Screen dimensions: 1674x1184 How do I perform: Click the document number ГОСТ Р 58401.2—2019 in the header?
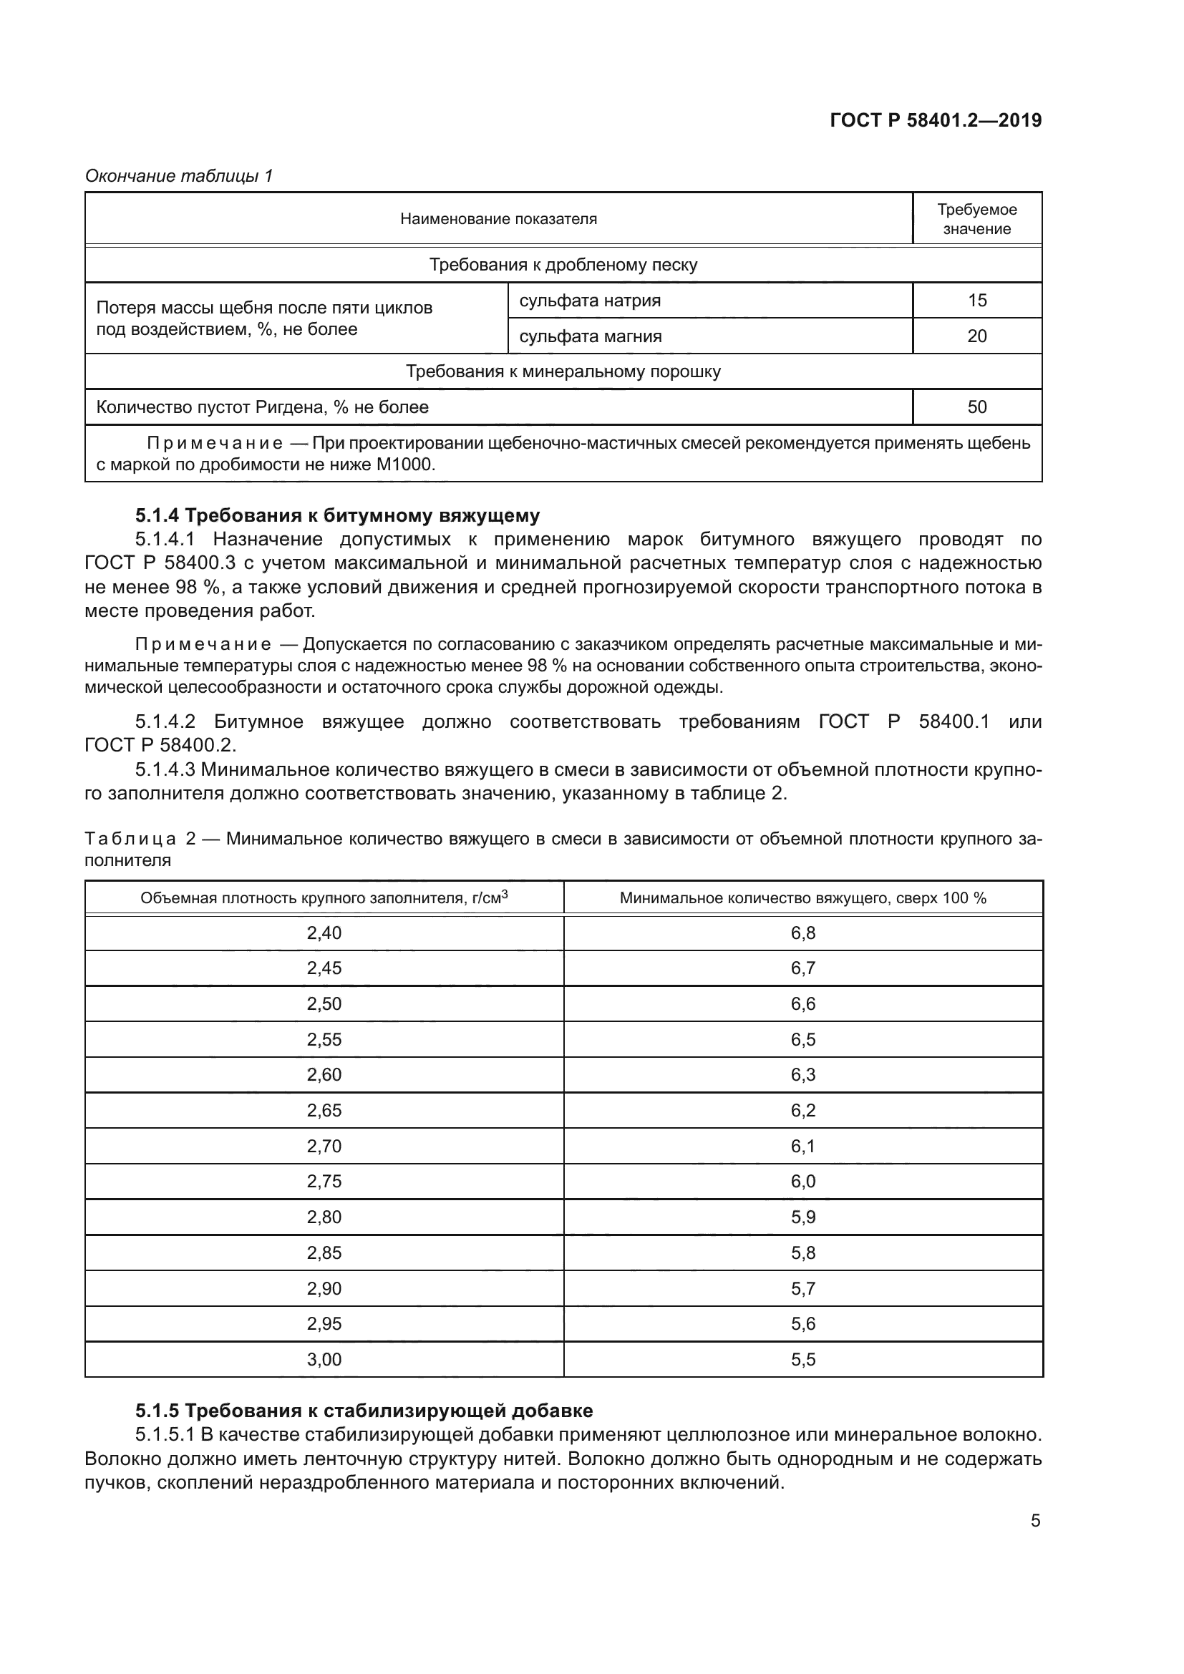coord(936,120)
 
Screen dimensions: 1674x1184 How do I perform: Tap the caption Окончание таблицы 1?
coord(179,176)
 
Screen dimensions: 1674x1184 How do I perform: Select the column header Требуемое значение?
coord(976,219)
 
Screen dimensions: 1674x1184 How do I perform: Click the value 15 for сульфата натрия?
coord(976,301)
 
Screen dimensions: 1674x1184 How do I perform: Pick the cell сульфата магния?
coord(590,336)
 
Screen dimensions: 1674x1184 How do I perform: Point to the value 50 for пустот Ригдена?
coord(976,407)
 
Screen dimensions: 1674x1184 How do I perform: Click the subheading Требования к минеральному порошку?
coord(563,372)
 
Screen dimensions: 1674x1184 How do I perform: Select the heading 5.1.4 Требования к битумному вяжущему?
coord(338,515)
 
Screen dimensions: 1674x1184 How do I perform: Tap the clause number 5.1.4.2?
coord(165,721)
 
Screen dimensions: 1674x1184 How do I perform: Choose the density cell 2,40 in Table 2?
coord(324,933)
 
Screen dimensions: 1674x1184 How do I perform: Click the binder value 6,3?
coord(802,1075)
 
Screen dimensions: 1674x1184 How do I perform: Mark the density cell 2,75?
coord(324,1181)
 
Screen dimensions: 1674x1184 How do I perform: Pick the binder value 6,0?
coord(802,1181)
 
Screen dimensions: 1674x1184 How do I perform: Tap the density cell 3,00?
coord(324,1359)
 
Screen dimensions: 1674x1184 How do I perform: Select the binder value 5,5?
coord(802,1359)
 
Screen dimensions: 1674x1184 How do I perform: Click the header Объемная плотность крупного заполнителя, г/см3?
coord(324,898)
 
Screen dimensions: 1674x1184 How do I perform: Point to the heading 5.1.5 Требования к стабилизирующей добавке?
coord(364,1411)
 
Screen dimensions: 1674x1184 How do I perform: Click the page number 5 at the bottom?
coord(1035,1521)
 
